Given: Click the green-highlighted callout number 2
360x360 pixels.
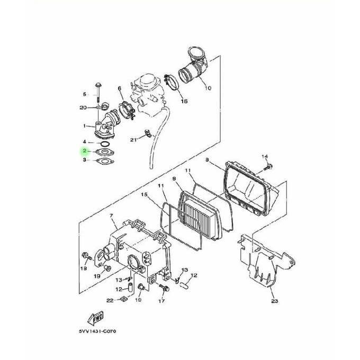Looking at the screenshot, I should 84,151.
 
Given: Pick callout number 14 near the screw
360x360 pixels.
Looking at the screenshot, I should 265,156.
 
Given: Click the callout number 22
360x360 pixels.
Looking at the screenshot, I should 110,301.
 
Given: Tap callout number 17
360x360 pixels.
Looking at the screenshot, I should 161,301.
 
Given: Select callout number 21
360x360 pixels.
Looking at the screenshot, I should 134,140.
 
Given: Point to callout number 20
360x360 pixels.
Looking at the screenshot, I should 83,107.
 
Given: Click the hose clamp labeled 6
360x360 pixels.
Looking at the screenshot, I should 127,110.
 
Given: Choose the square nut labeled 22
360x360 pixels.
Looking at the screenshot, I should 123,300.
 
